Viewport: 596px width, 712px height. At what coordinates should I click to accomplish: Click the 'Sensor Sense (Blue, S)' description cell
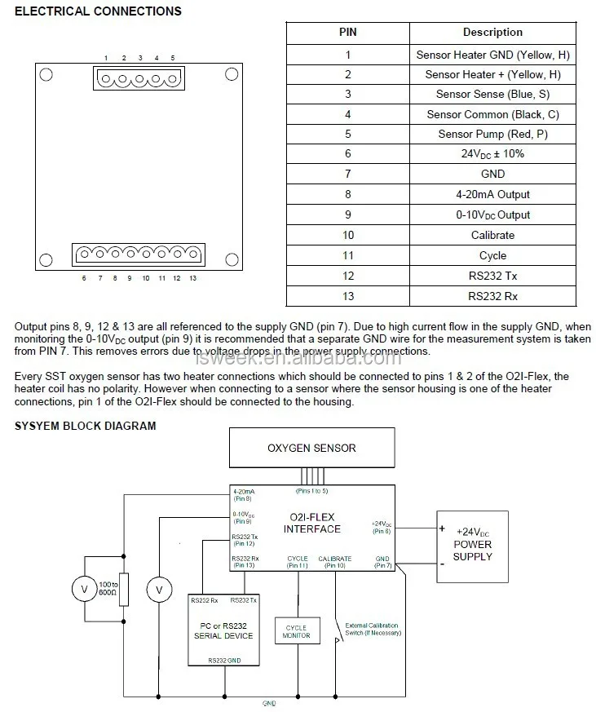[x=492, y=95]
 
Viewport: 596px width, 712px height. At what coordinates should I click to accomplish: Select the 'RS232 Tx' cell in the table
[x=492, y=276]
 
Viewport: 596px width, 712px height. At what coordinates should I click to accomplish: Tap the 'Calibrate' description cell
[x=492, y=235]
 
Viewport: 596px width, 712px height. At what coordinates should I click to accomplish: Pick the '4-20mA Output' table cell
[x=492, y=195]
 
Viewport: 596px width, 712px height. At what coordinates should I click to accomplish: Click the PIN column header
[x=348, y=33]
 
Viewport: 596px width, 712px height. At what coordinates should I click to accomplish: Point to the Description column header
[x=492, y=33]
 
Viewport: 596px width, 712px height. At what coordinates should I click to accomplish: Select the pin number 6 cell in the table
[x=348, y=154]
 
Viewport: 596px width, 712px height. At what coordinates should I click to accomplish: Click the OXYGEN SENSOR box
[x=311, y=448]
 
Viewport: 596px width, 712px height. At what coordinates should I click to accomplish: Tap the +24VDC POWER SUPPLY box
[x=473, y=545]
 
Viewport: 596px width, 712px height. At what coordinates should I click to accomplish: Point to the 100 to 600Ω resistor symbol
[x=123, y=586]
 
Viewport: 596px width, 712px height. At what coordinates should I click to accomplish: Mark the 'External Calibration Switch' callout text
[x=373, y=629]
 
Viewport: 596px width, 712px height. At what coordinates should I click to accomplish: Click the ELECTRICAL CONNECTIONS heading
[x=99, y=11]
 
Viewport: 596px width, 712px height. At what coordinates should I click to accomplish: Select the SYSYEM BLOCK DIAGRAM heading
[x=86, y=426]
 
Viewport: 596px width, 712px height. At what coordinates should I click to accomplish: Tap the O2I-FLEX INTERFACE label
[x=312, y=523]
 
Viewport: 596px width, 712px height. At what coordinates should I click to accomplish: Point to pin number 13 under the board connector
[x=192, y=278]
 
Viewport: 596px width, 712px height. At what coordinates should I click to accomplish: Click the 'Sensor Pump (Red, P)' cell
[x=492, y=135]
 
